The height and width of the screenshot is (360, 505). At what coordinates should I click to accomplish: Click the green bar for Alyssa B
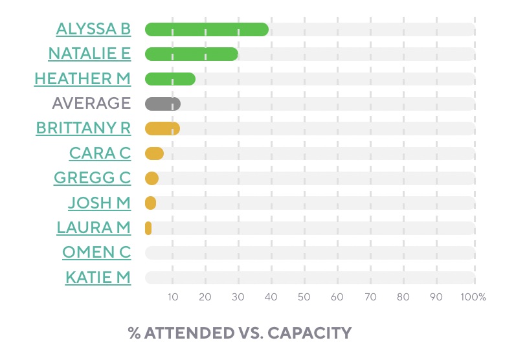207,29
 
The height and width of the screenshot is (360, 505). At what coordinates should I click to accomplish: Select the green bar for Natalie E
191,54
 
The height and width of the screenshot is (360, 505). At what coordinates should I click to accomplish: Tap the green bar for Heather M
170,79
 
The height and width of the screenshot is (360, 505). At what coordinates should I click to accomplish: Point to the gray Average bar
163,104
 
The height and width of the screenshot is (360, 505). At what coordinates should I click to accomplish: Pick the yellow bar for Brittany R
162,128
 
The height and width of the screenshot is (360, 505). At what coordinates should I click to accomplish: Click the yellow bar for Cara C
154,153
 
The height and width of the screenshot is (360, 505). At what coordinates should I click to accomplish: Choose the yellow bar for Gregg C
151,178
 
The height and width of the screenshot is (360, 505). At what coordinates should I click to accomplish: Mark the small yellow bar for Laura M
148,228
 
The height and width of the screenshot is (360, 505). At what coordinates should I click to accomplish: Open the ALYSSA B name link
93,29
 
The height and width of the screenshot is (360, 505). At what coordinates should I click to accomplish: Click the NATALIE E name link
89,54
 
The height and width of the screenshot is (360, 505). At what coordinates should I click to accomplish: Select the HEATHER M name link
82,79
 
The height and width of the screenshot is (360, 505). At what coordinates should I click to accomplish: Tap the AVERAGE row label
91,104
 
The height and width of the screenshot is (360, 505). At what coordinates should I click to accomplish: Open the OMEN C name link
96,253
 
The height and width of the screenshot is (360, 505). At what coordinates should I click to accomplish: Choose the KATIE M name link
98,278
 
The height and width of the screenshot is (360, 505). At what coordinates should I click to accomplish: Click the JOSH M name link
99,203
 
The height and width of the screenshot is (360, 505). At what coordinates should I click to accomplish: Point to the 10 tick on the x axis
173,297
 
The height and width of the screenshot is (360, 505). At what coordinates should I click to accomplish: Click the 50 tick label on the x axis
304,297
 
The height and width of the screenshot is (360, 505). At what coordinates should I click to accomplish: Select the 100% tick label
474,297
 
